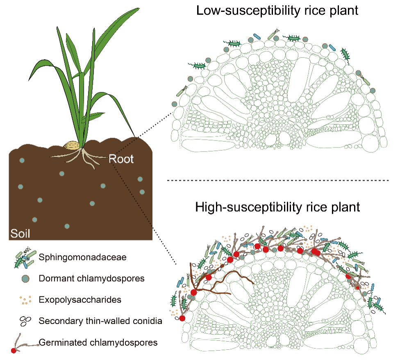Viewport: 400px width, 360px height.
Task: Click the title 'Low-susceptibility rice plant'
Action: [x=277, y=11]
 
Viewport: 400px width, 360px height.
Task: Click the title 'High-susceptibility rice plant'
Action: [x=277, y=207]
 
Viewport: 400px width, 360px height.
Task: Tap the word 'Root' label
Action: [x=122, y=158]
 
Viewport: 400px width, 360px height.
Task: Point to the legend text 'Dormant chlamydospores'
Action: [x=91, y=278]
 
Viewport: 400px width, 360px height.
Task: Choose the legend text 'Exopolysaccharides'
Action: [x=80, y=299]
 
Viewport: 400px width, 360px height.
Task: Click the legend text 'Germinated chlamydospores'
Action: [x=98, y=342]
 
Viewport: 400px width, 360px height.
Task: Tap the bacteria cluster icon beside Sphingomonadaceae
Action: [x=24, y=258]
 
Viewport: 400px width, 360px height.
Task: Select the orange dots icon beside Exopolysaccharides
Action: [x=25, y=300]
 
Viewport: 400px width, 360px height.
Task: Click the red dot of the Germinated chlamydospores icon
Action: [x=14, y=351]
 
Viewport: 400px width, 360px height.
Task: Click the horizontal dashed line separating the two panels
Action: [x=277, y=180]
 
